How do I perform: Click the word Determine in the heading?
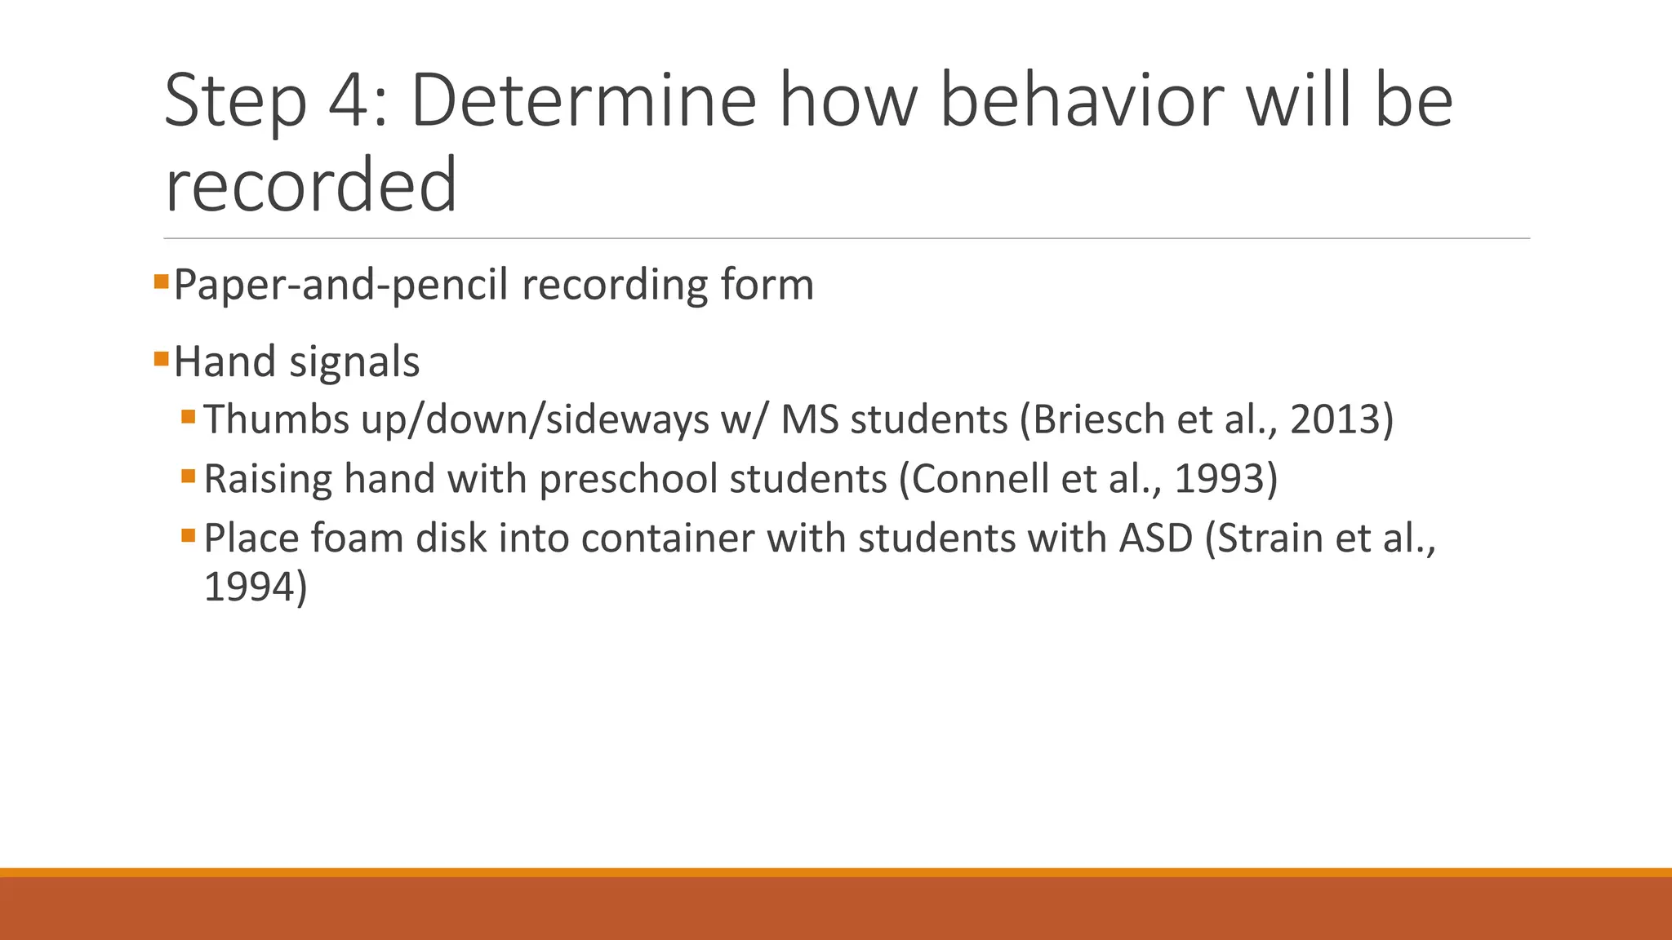583,101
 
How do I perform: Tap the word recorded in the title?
310,186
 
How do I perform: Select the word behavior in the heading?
1083,101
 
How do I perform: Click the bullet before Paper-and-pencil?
161,282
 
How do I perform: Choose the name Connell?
979,479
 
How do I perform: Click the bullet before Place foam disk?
189,536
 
